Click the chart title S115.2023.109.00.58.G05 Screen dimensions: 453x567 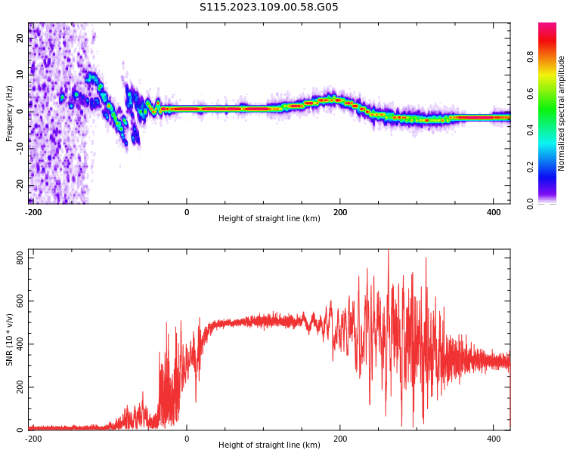[x=269, y=8]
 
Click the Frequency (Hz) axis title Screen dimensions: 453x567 [x=10, y=113]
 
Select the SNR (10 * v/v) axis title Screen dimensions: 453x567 [x=10, y=340]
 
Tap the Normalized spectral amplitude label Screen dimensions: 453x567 [x=562, y=113]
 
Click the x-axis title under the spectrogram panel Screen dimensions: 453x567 [x=269, y=219]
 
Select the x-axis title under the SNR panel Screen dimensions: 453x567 [x=269, y=445]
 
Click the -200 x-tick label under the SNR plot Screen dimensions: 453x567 [x=33, y=439]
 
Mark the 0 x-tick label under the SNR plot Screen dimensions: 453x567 [x=187, y=439]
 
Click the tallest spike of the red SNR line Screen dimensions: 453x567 [x=389, y=252]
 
